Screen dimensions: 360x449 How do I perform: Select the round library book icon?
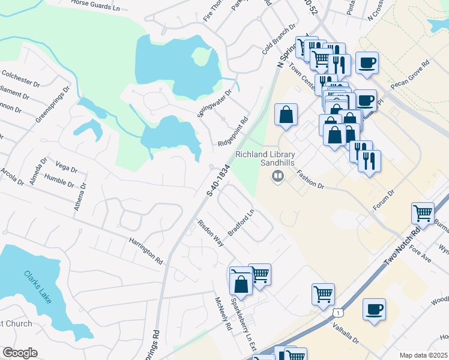[277, 176]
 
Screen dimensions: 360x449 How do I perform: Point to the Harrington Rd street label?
[145, 251]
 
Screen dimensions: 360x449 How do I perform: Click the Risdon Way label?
[211, 233]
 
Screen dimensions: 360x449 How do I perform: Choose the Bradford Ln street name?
[241, 223]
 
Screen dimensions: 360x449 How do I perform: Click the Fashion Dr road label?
[310, 179]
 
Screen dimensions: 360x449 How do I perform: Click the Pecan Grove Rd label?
[415, 75]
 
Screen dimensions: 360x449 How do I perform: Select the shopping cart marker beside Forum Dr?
[423, 213]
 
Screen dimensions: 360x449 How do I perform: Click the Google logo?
[20, 353]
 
